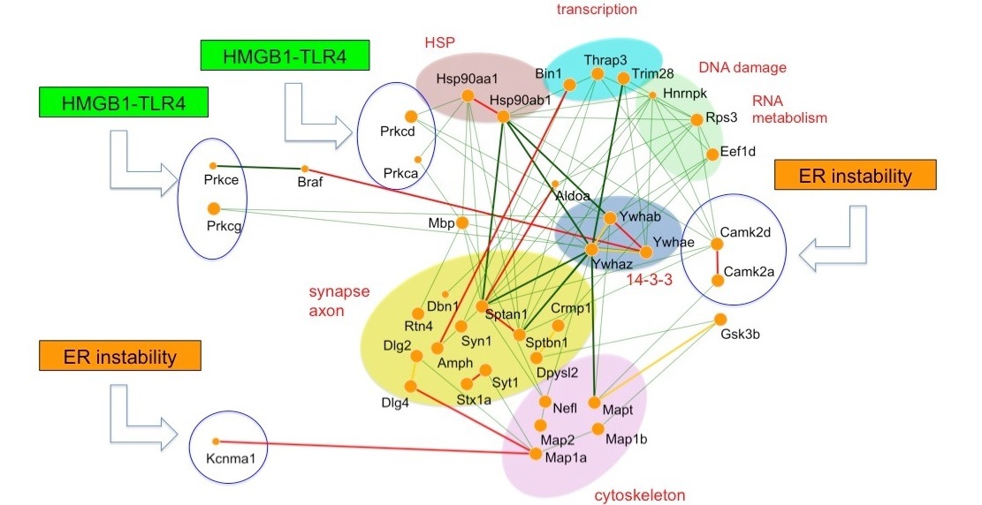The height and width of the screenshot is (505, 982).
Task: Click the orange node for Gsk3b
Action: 720,319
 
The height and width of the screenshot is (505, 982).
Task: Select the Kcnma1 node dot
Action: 216,441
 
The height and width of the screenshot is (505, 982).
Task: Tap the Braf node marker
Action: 305,169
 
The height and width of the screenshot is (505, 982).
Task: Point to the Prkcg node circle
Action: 214,208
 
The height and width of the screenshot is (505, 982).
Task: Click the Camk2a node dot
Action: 718,281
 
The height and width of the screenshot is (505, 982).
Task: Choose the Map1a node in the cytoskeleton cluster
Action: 536,454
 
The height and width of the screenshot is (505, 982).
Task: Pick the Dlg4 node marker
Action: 411,386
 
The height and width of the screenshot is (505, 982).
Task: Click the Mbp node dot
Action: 462,222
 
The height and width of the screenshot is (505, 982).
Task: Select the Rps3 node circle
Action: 697,119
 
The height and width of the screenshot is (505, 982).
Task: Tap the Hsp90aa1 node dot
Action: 468,95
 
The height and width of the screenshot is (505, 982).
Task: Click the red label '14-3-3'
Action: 650,280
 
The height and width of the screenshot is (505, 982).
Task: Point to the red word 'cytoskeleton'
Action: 639,495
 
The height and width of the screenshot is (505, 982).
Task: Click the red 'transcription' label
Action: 597,9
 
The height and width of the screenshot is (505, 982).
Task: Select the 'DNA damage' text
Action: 742,67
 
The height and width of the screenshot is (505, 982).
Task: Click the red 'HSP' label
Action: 439,42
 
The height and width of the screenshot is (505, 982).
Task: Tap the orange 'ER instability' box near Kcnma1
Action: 119,356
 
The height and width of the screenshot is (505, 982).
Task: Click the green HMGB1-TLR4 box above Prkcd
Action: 285,56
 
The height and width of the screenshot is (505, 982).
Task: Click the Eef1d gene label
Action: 738,152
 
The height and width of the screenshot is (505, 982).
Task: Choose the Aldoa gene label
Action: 573,195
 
